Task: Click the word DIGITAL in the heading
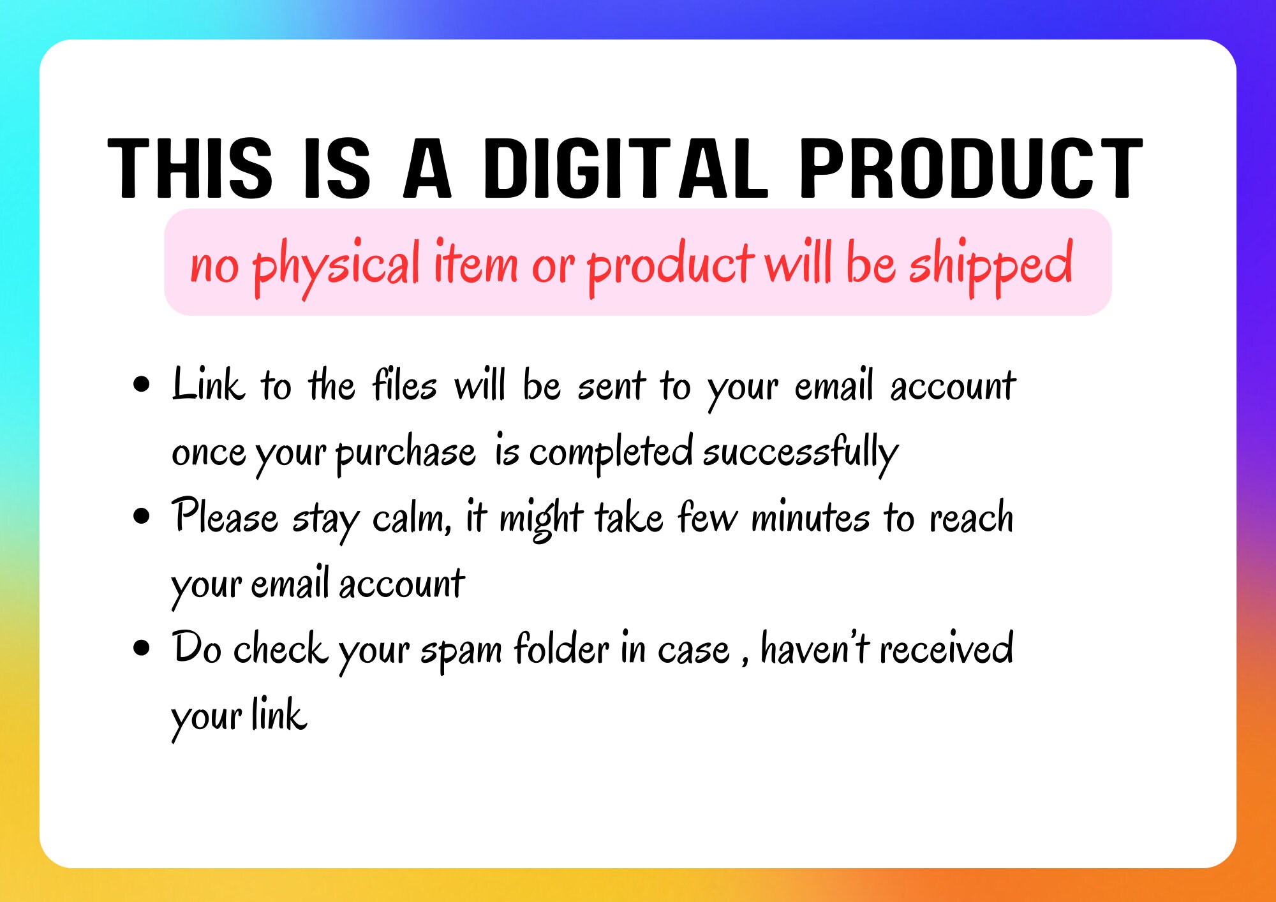(625, 168)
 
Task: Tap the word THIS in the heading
(191, 168)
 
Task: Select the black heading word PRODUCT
(970, 168)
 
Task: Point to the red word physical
(337, 267)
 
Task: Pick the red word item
(476, 262)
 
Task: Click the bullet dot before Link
(142, 385)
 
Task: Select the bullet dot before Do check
(142, 647)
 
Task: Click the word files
(405, 384)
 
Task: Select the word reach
(971, 517)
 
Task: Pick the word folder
(561, 647)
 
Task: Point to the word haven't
(815, 647)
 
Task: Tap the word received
(947, 647)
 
